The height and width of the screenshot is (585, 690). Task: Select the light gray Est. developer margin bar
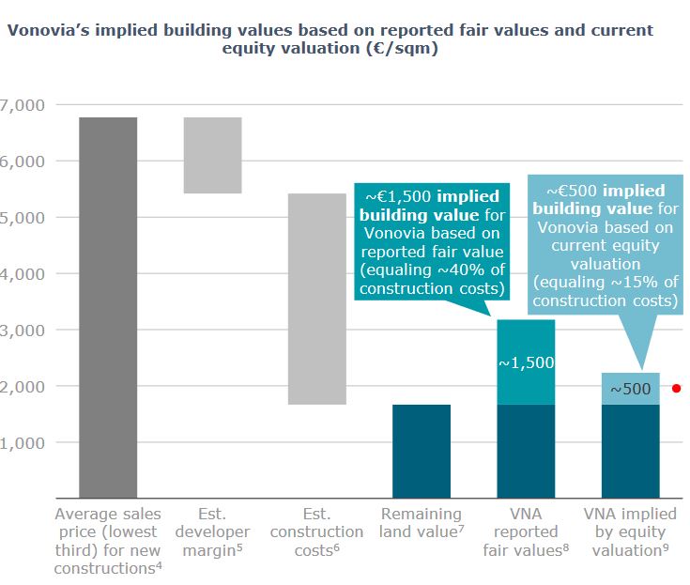tap(212, 155)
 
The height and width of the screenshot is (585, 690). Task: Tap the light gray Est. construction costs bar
tap(316, 299)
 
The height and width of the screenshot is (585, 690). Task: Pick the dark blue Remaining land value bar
tap(422, 451)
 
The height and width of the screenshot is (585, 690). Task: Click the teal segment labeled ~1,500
tap(526, 362)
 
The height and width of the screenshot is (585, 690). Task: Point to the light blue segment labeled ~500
tap(630, 389)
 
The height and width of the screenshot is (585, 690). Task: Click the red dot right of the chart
tap(676, 388)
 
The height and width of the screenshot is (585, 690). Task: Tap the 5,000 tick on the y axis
tap(22, 217)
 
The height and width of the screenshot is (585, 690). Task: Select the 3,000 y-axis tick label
tap(22, 330)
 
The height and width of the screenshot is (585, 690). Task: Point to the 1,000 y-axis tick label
tap(22, 442)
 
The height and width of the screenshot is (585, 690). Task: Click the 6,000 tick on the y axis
tap(22, 161)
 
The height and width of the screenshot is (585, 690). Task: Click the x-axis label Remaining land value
tap(422, 523)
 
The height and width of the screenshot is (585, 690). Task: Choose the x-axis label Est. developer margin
tap(212, 531)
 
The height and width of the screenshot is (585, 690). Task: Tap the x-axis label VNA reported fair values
tap(526, 531)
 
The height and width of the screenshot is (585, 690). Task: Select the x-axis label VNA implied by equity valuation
tap(630, 531)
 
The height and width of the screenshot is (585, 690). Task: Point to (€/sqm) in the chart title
tap(401, 49)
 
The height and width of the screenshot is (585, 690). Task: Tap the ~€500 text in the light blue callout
tap(573, 191)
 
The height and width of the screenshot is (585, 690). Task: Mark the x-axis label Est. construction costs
tap(316, 531)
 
